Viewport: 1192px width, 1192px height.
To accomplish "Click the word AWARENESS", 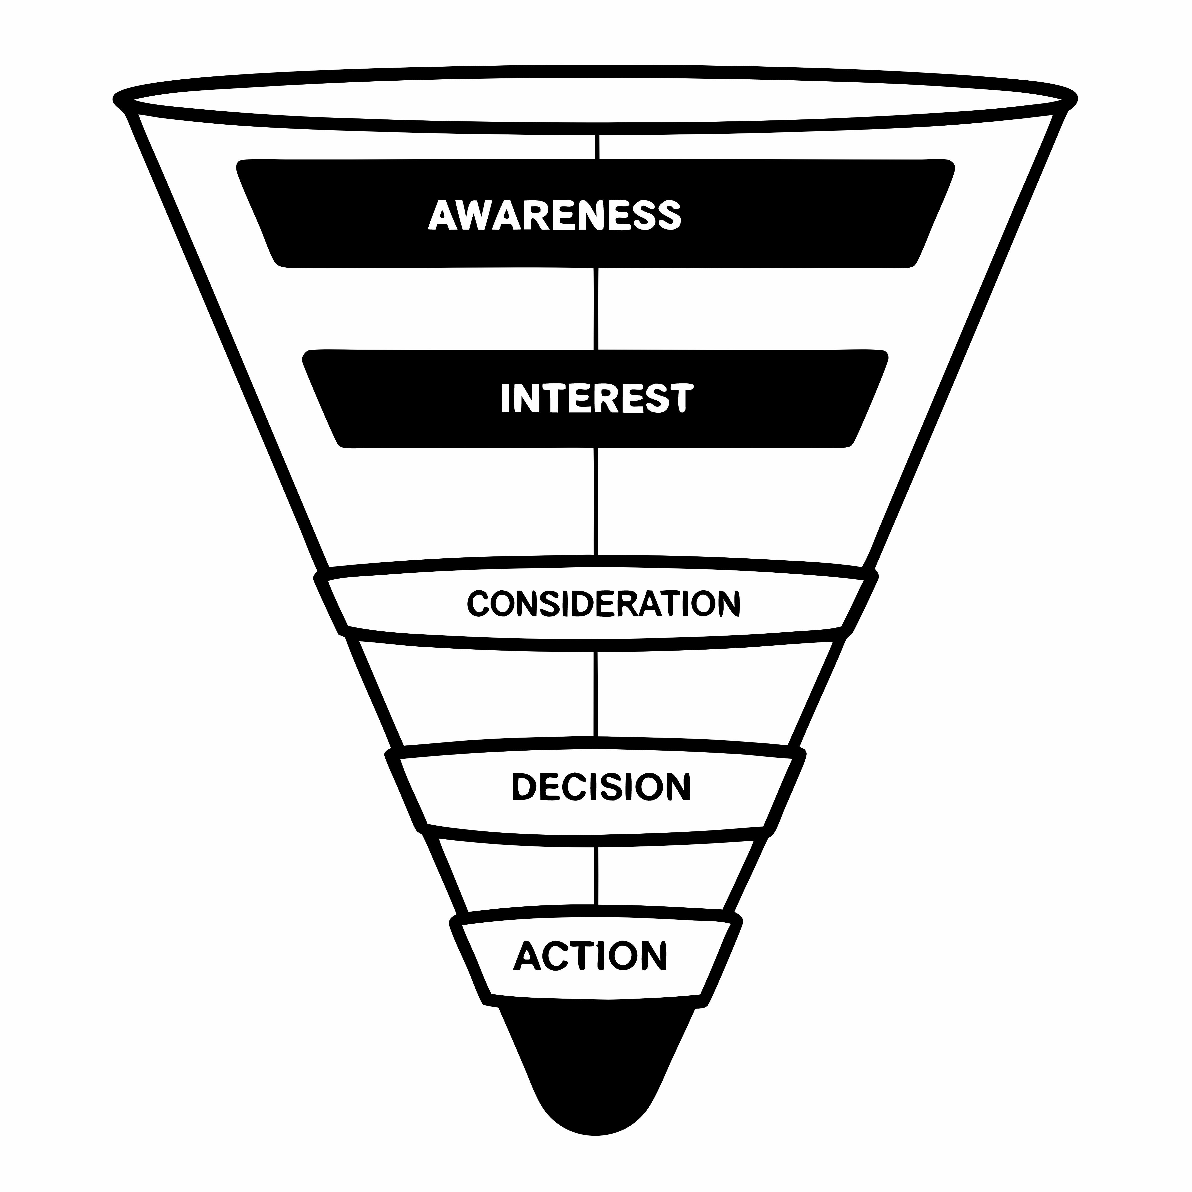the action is tap(555, 215).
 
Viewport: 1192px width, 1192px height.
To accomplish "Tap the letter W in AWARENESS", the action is tap(472, 215).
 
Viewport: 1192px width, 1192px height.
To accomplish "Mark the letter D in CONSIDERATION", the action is tap(582, 603).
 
